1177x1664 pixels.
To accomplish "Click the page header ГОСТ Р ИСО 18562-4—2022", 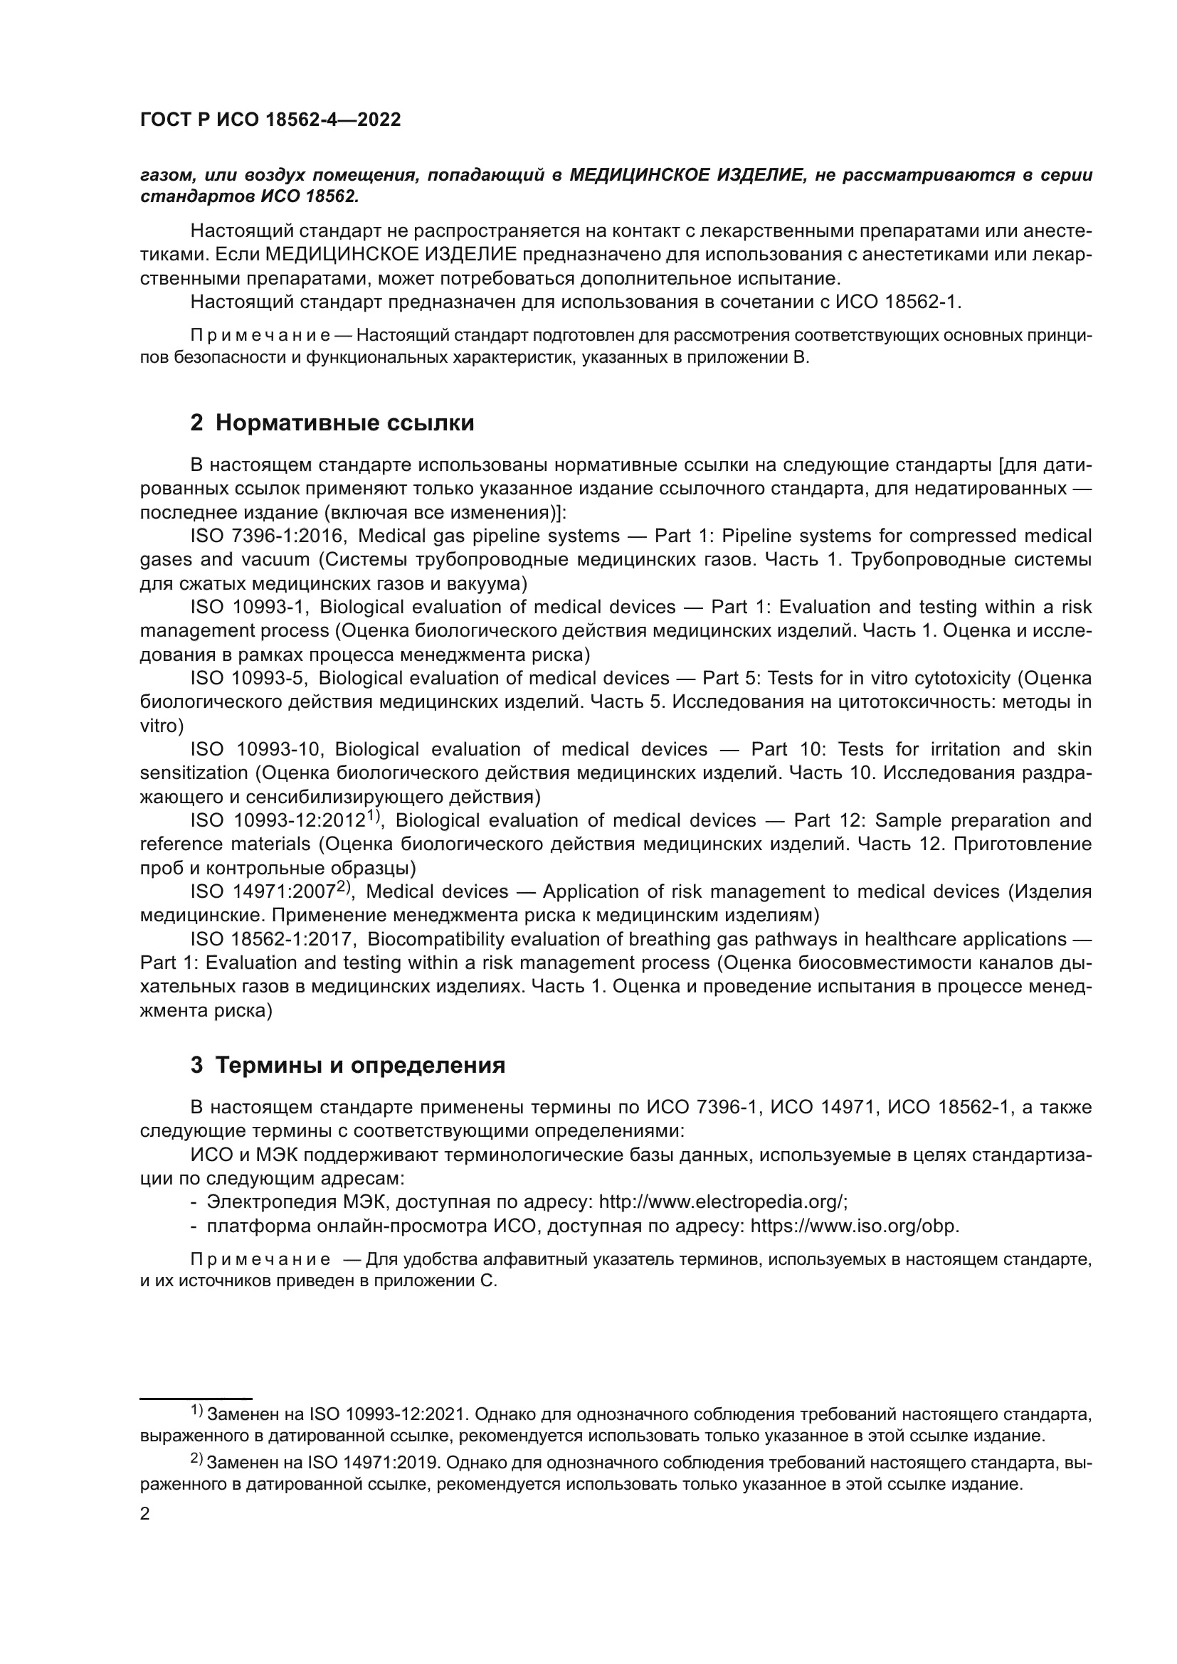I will tap(270, 120).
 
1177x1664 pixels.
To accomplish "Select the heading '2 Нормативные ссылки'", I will tap(332, 422).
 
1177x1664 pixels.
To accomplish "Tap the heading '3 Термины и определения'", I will tap(348, 1065).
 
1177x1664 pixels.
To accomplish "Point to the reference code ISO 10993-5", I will tap(249, 678).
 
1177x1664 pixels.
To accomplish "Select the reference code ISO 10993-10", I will tap(255, 748).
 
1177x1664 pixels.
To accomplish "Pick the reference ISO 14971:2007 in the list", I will tap(263, 891).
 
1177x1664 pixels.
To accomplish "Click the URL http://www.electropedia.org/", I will tap(721, 1202).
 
